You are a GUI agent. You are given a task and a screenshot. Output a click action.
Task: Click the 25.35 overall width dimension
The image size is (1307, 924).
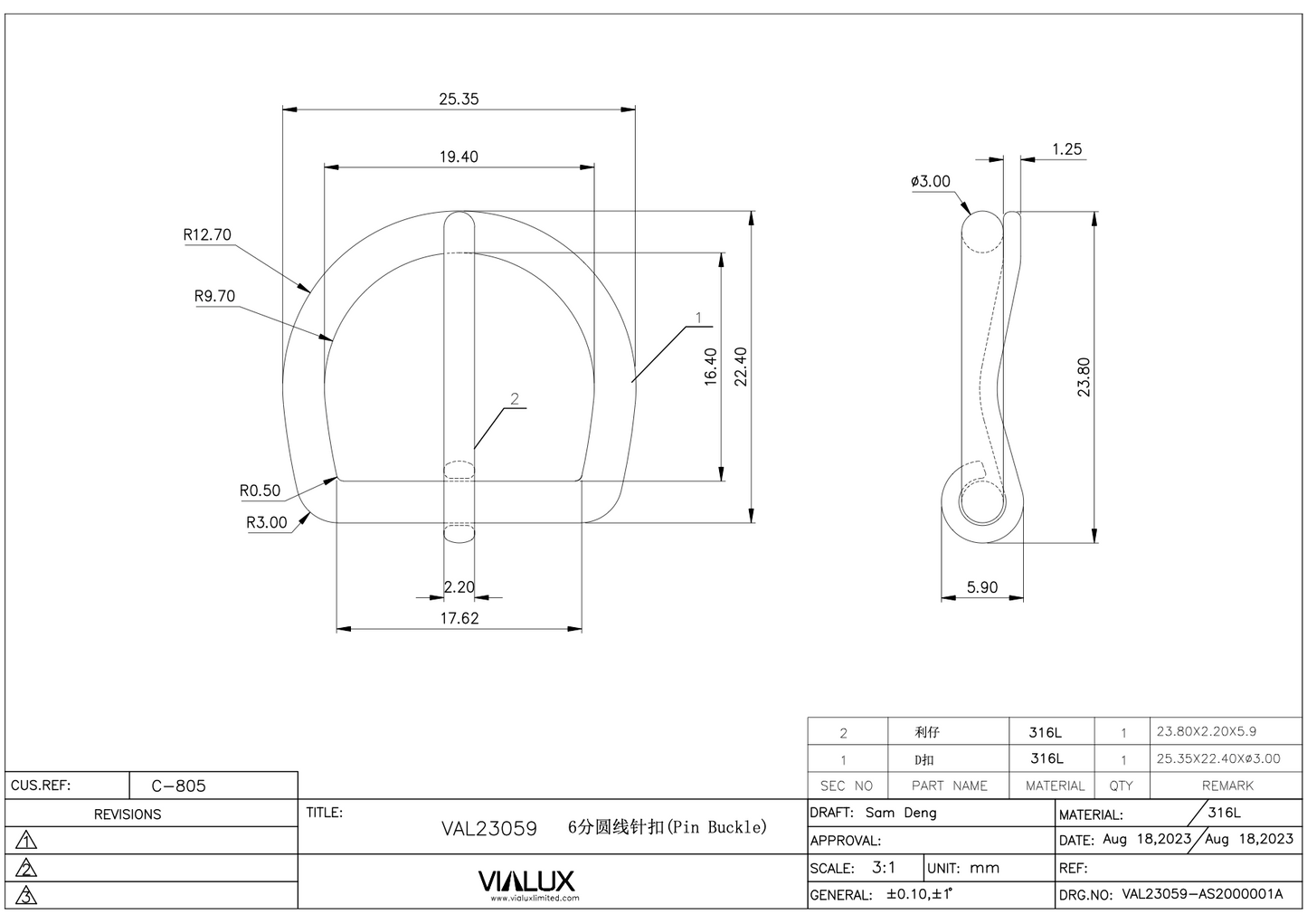pyautogui.click(x=459, y=99)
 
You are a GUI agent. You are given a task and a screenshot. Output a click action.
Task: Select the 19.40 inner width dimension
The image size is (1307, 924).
pyautogui.click(x=459, y=157)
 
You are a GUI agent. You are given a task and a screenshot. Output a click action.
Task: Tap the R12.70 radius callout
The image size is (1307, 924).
pyautogui.click(x=207, y=235)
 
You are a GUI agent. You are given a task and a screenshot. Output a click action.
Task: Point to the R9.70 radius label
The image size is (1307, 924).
pyautogui.click(x=214, y=296)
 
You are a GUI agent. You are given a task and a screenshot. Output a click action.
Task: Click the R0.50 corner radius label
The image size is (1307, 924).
pyautogui.click(x=260, y=491)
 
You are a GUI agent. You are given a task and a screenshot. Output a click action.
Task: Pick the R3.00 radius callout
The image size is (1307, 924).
pyautogui.click(x=266, y=522)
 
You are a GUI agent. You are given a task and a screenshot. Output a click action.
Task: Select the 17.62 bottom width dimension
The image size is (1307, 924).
pyautogui.click(x=459, y=618)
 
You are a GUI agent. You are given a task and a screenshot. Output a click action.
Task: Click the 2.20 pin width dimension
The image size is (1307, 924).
pyautogui.click(x=459, y=586)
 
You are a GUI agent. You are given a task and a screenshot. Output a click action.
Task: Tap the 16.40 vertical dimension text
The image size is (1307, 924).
pyautogui.click(x=711, y=367)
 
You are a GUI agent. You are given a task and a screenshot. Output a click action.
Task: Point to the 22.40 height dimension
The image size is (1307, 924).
pyautogui.click(x=741, y=367)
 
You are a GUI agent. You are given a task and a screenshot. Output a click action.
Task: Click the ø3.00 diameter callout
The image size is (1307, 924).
pyautogui.click(x=931, y=181)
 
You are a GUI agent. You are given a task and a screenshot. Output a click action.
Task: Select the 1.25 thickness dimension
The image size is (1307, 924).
pyautogui.click(x=1066, y=149)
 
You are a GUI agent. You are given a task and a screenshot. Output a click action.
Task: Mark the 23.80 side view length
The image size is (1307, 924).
pyautogui.click(x=1084, y=377)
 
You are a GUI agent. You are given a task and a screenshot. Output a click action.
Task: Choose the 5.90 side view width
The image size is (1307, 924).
pyautogui.click(x=981, y=587)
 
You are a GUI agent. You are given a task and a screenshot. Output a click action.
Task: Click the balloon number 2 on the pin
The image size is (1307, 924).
pyautogui.click(x=515, y=399)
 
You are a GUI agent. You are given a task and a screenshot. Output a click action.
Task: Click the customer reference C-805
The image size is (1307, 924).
pyautogui.click(x=178, y=786)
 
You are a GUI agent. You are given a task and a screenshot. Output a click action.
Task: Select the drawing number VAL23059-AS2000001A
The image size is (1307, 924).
pyautogui.click(x=1202, y=894)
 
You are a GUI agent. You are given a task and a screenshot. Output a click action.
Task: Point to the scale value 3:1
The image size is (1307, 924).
pyautogui.click(x=884, y=867)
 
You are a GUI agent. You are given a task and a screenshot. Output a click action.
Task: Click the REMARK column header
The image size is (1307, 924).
pyautogui.click(x=1227, y=786)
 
